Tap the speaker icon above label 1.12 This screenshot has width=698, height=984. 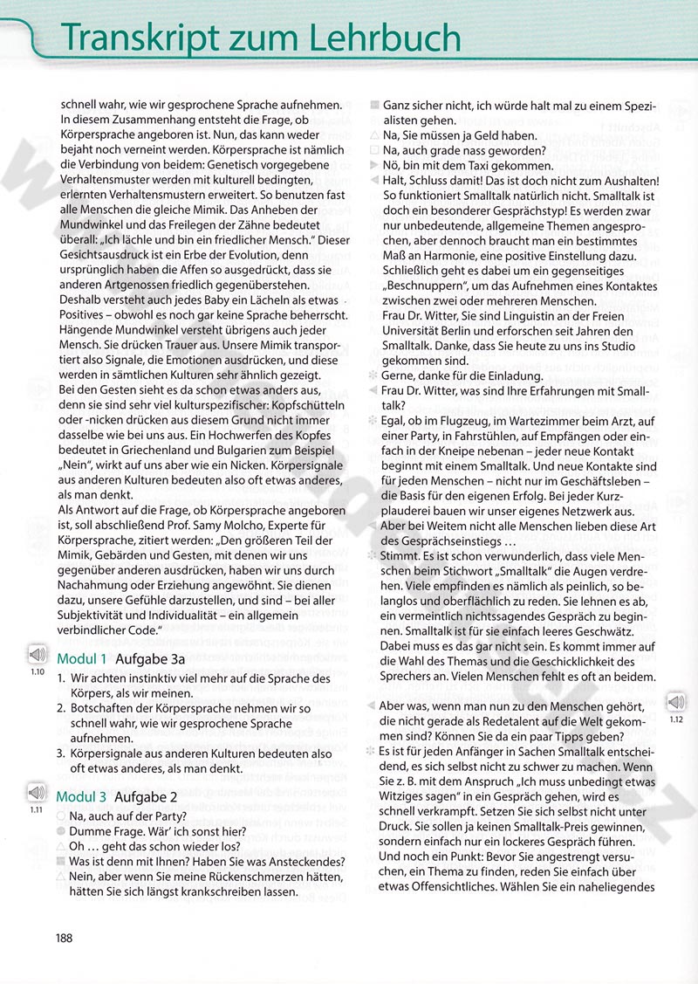(x=676, y=678)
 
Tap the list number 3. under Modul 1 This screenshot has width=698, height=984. (x=60, y=753)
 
